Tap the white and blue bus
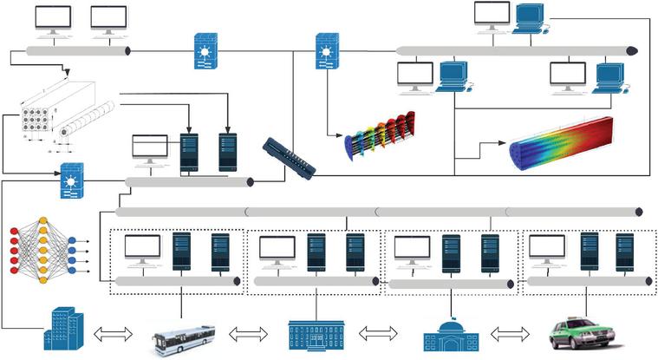(x=183, y=337)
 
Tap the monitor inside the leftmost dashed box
(x=142, y=250)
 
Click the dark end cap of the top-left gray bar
(x=128, y=52)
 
